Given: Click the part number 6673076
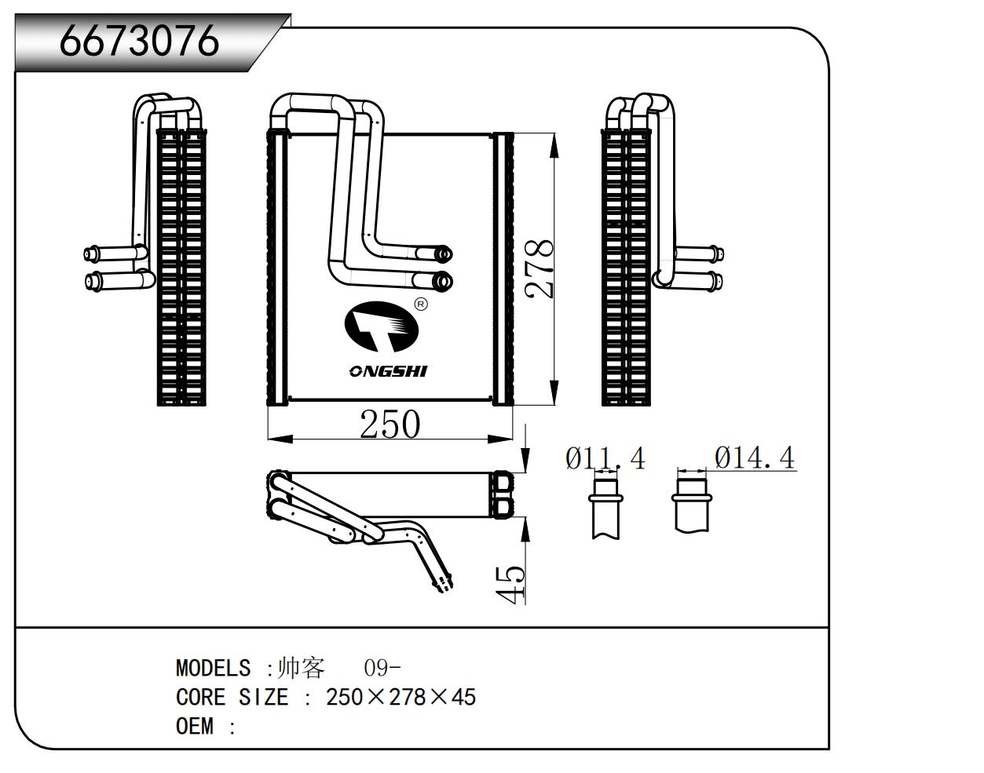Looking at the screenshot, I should click(139, 41).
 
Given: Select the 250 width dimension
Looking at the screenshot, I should click(390, 425).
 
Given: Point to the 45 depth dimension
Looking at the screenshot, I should click(512, 585).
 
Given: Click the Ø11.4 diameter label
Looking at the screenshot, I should click(605, 458).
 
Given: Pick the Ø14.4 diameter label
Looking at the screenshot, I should click(754, 458).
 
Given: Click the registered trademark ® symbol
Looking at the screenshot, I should click(421, 304).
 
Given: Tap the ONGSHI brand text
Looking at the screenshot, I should click(388, 370).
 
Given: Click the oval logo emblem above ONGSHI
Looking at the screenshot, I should click(382, 328).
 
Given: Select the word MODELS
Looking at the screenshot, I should click(213, 669).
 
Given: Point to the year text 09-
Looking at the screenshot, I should click(382, 669).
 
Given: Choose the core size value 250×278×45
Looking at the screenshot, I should click(401, 698).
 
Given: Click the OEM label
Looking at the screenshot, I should click(195, 727).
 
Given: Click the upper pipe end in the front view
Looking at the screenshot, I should click(443, 253).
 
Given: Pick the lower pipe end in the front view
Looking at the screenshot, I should click(442, 279).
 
